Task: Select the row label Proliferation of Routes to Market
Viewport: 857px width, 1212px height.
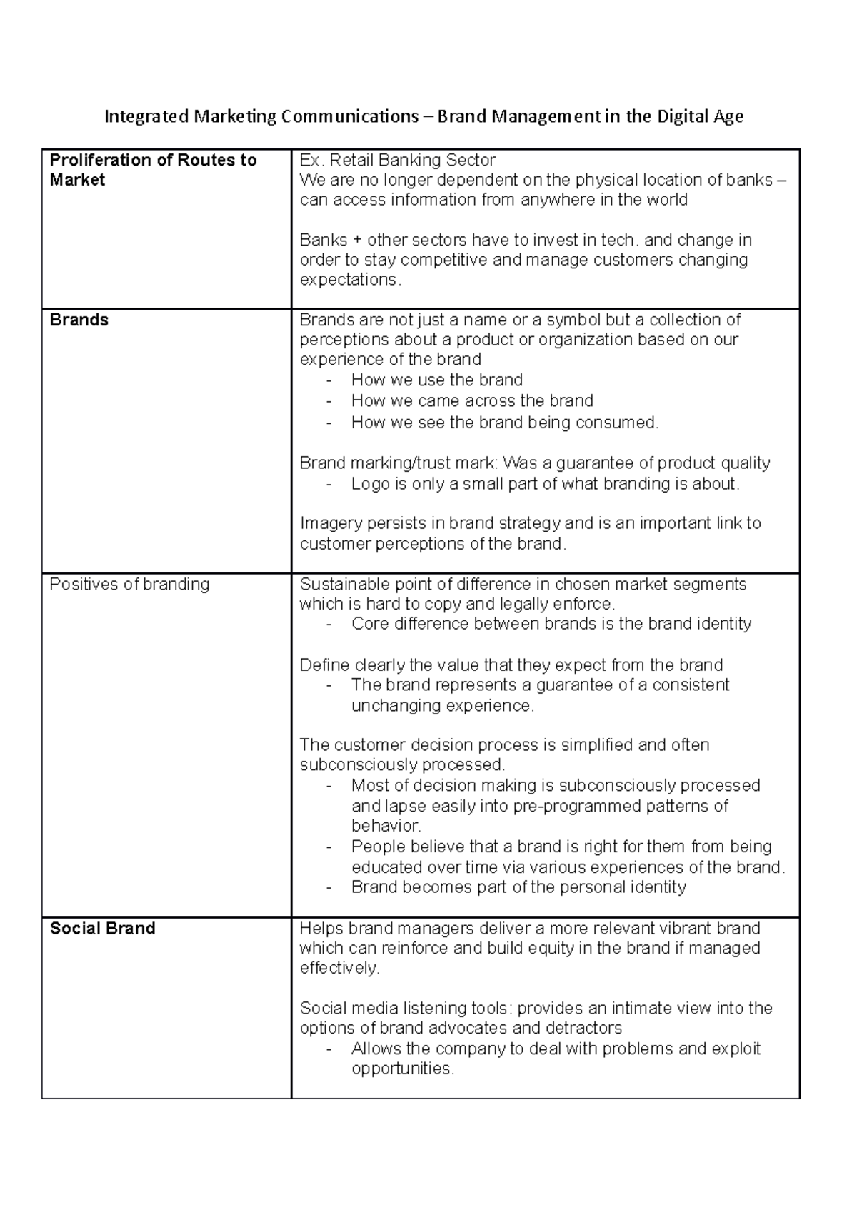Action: (x=153, y=170)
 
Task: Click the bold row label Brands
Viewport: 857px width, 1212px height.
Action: (x=79, y=320)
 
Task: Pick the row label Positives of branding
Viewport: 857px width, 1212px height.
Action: (x=129, y=584)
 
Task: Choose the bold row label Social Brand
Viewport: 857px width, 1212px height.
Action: (x=102, y=928)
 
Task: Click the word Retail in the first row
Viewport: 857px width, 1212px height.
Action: (x=352, y=160)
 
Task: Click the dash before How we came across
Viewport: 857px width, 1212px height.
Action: (x=329, y=401)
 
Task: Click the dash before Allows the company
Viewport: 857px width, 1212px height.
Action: (x=329, y=1049)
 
